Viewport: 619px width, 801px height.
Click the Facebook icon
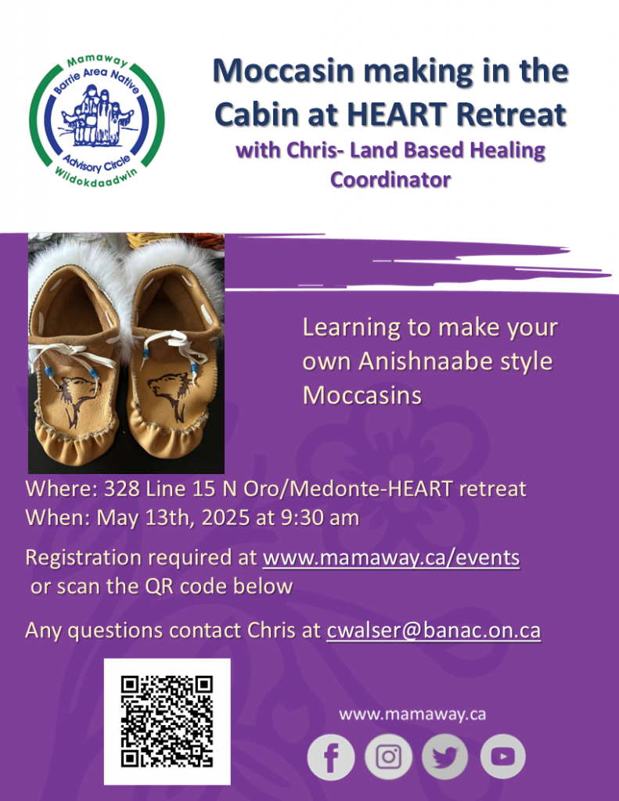click(x=331, y=757)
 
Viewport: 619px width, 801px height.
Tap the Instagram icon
click(x=388, y=756)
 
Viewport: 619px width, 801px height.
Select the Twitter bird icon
click(x=444, y=756)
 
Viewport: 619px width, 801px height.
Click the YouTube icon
click(x=503, y=756)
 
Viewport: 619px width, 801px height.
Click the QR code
click(x=167, y=721)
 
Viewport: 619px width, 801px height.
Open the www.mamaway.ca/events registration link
click(x=391, y=557)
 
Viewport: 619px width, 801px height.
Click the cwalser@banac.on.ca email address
click(x=434, y=630)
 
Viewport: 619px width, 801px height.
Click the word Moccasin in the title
click(x=283, y=71)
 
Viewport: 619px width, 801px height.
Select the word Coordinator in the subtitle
click(x=390, y=180)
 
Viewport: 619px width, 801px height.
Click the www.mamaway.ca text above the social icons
click(x=412, y=714)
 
